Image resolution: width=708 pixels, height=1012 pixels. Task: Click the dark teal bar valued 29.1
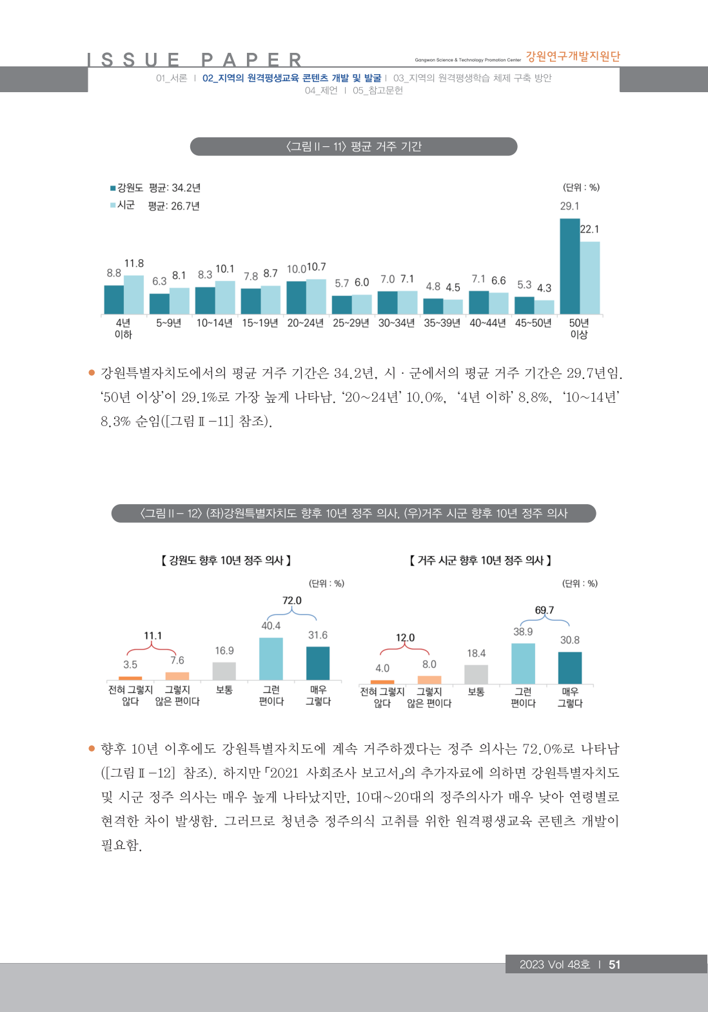point(569,266)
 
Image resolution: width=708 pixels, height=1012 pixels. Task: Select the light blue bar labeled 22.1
point(590,278)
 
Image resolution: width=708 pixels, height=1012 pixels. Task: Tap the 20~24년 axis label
point(305,323)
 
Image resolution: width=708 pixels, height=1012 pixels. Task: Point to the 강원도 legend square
point(113,188)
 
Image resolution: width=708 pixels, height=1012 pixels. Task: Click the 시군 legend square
point(113,205)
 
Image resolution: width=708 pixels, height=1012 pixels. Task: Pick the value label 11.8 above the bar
point(134,264)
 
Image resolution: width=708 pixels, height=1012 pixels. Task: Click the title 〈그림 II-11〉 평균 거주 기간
point(353,146)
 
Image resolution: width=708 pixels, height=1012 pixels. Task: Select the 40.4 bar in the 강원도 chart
point(271,659)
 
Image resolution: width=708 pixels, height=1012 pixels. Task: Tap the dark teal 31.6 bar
point(318,663)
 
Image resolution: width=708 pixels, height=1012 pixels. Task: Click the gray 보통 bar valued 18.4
point(476,674)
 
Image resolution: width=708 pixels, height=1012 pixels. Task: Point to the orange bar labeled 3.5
point(130,678)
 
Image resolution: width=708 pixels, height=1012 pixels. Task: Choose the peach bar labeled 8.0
point(429,679)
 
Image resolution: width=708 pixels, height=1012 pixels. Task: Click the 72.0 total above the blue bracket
point(292,601)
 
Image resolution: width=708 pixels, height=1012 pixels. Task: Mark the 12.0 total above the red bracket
point(405,637)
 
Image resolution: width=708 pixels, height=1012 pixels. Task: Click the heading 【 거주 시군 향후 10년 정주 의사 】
point(480,561)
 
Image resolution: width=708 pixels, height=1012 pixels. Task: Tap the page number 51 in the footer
point(615,964)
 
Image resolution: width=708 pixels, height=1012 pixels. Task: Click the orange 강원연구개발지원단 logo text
point(573,57)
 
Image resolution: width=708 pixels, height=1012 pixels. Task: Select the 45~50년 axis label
point(533,323)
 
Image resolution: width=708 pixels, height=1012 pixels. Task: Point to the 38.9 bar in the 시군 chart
point(523,663)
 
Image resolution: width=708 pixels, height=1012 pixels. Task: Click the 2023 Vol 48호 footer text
point(555,964)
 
